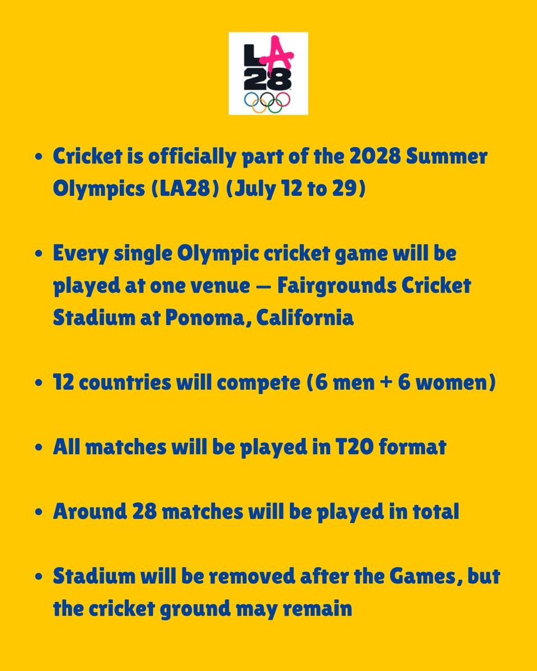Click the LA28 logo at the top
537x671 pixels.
coord(268,73)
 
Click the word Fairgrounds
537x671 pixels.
coord(353,286)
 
